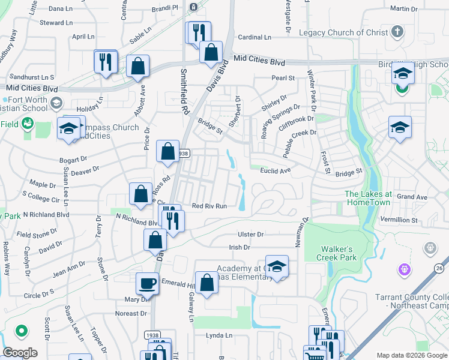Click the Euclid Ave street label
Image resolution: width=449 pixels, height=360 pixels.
tap(276, 171)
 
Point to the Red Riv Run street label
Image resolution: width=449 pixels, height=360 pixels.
tap(209, 206)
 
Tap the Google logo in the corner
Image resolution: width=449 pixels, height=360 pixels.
tap(20, 353)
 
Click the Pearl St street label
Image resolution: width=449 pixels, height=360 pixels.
tap(283, 78)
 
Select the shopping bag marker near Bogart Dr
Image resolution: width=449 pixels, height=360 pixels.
tap(168, 152)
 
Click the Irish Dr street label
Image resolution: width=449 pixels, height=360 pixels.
tap(238, 247)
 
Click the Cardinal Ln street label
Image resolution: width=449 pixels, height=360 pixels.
tap(254, 37)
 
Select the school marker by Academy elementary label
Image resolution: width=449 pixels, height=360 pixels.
tap(277, 267)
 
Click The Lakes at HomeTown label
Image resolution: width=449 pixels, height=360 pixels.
tap(368, 198)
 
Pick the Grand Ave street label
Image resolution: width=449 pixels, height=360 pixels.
tap(412, 197)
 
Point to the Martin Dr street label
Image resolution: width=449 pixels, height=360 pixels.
tap(403, 9)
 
